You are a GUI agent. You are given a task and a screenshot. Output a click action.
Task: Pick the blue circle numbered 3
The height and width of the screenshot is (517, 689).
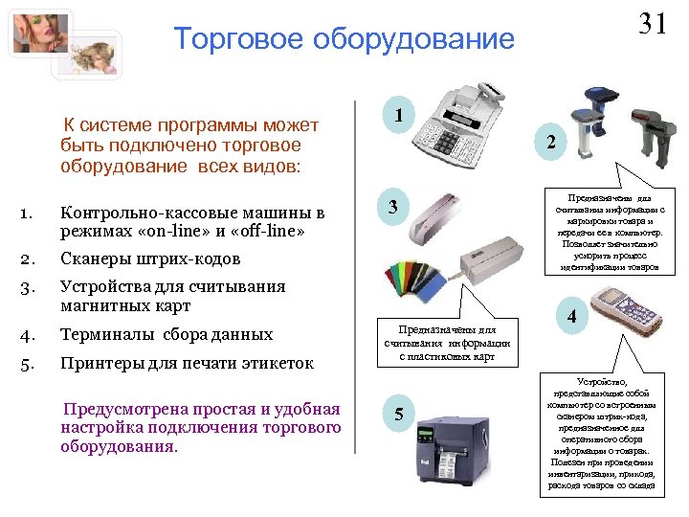[x=394, y=207]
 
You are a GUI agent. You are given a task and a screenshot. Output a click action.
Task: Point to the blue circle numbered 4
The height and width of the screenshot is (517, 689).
[x=570, y=317]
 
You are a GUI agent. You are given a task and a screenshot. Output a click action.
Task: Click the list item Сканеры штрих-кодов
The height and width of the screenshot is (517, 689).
[x=150, y=258]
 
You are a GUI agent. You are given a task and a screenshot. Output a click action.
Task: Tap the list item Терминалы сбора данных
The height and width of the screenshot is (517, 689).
[x=166, y=335]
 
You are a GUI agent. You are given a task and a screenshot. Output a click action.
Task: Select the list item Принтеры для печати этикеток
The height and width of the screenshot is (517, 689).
[x=187, y=364]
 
